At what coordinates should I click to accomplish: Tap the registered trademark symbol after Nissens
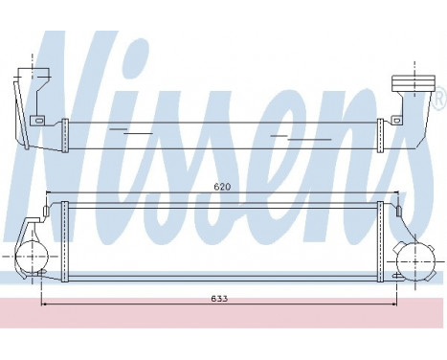click(x=439, y=98)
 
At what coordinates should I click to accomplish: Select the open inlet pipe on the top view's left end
click(x=37, y=78)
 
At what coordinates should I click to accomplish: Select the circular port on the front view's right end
click(x=415, y=259)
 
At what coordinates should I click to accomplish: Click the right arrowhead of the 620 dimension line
click(x=396, y=194)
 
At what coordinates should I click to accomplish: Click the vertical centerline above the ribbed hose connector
click(x=414, y=69)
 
